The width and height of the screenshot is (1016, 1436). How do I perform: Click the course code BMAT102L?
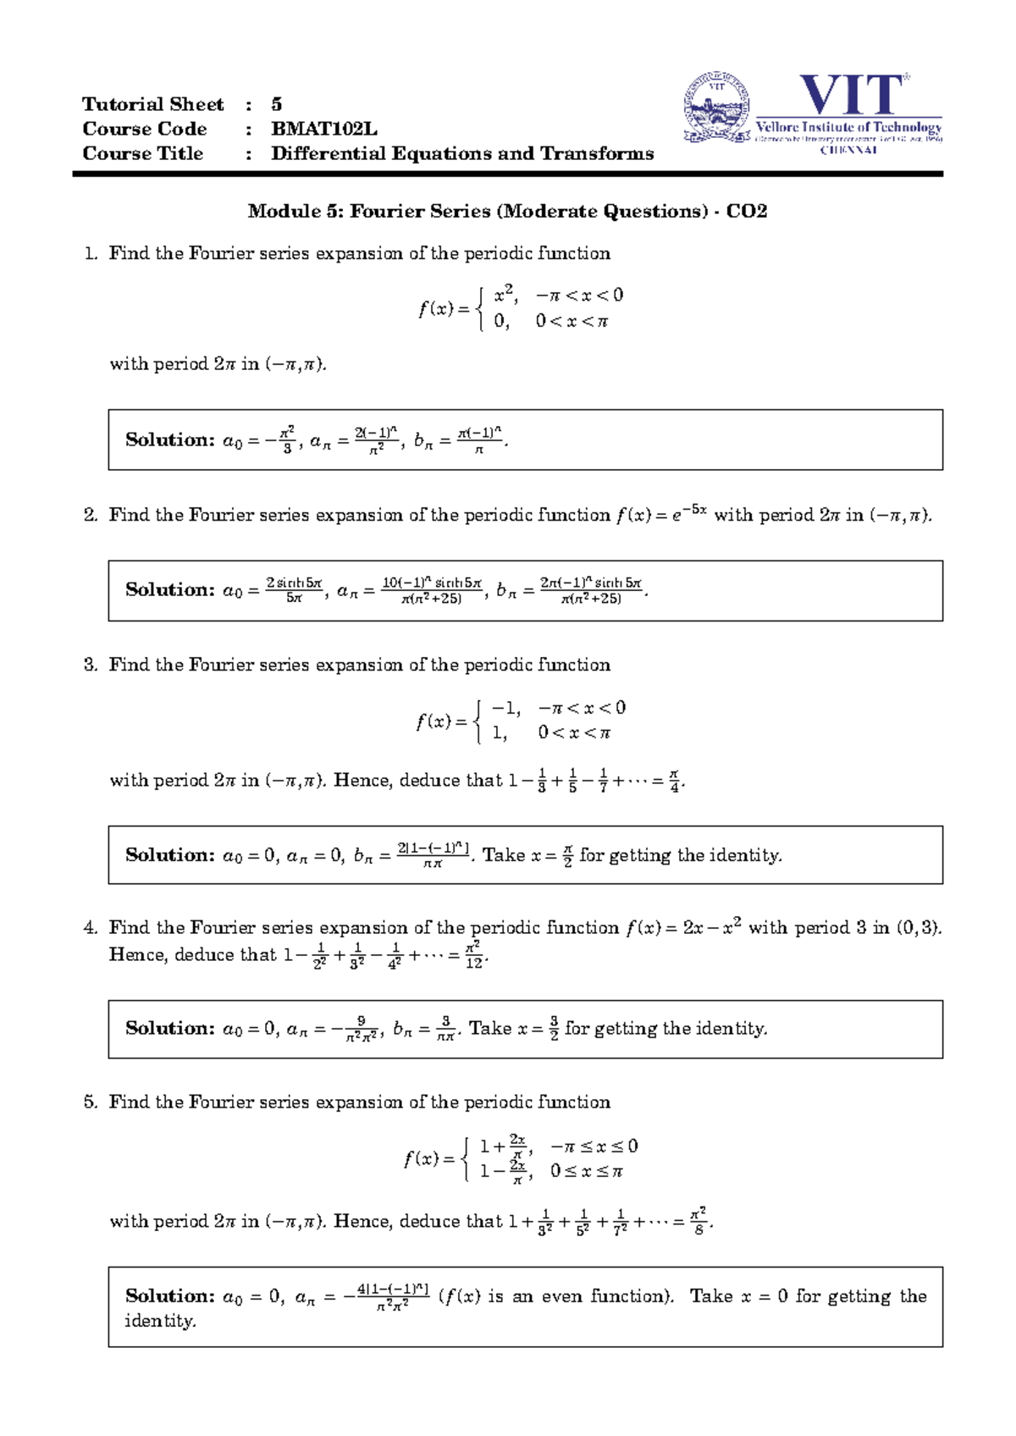323,129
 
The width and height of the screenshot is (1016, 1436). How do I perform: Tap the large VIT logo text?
851,95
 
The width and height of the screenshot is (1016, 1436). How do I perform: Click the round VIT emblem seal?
716,107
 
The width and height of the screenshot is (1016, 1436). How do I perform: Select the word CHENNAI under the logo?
848,150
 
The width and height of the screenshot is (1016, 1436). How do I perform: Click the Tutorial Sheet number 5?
276,104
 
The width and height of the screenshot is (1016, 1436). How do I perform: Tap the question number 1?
90,254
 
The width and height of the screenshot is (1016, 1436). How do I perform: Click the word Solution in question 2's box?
169,589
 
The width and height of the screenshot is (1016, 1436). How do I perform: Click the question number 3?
90,665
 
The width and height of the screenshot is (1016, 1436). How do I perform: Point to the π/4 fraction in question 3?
674,781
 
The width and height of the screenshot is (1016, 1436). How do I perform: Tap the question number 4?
90,927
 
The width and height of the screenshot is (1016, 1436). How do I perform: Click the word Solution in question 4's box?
169,1028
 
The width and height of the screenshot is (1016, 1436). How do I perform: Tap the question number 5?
90,1102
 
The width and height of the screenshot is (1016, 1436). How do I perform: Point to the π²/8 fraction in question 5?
698,1222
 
